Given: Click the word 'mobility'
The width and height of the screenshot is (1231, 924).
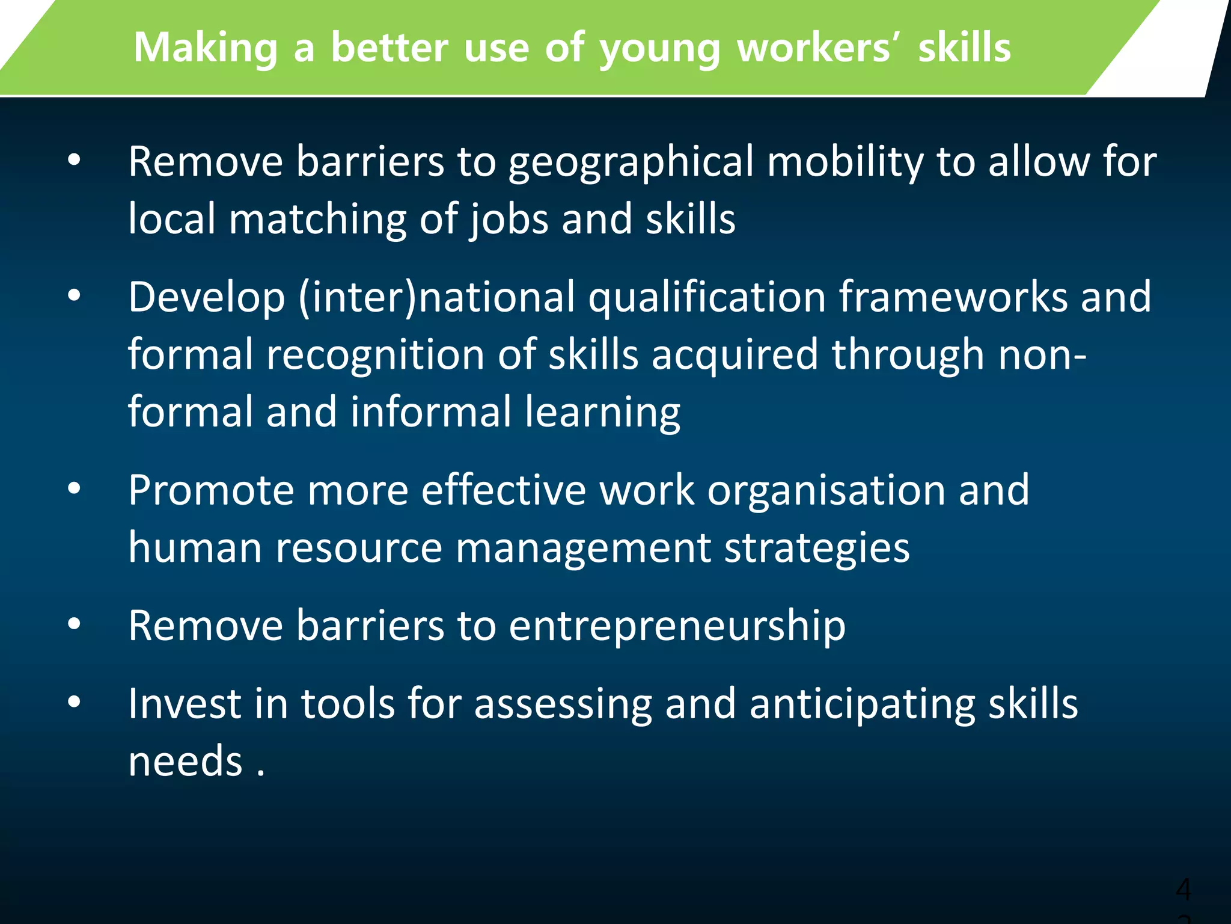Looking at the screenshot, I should coord(845,162).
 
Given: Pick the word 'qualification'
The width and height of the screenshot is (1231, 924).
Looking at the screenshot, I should coord(707,298).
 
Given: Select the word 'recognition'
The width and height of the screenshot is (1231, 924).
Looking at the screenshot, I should coord(376,354).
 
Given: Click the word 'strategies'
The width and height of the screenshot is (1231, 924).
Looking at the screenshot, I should coord(817,549).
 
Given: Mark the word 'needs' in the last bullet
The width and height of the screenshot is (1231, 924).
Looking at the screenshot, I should coord(185,761).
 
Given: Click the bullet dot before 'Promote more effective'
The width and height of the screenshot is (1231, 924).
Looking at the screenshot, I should coord(74,488).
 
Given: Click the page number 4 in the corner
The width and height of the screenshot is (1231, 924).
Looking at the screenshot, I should coord(1183,889).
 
